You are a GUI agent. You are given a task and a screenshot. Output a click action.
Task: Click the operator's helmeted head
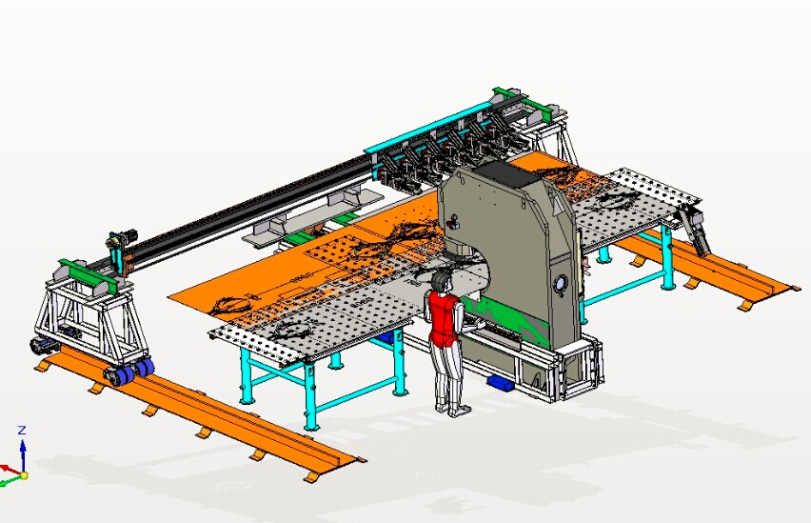tap(441, 283)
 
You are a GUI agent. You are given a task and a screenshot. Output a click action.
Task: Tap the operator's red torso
tap(443, 318)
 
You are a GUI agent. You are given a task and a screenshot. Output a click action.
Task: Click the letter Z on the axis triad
tap(22, 431)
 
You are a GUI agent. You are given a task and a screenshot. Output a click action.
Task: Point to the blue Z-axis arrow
tap(23, 454)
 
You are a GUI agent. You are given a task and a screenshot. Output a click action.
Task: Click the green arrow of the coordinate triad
tap(10, 482)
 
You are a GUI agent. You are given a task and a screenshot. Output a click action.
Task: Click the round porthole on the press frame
tap(561, 284)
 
